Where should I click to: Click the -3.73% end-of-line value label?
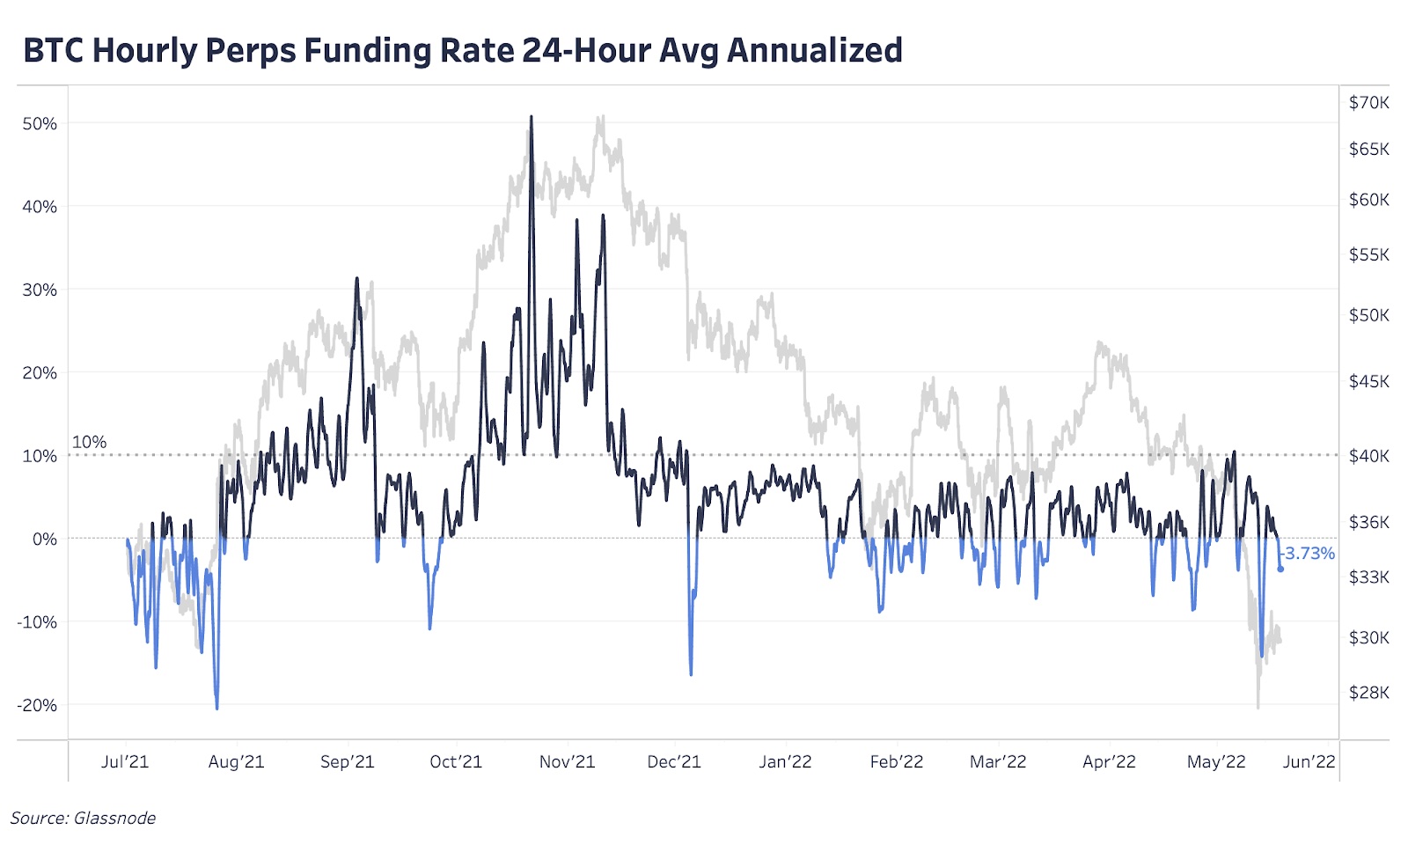click(x=1309, y=554)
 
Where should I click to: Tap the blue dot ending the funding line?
click(x=1280, y=569)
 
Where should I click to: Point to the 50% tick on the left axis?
click(x=40, y=124)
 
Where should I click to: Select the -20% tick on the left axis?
click(x=37, y=705)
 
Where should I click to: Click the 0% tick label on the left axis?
click(x=44, y=539)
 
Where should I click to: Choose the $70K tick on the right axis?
click(x=1368, y=103)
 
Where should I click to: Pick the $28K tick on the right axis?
click(x=1368, y=693)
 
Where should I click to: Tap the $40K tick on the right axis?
click(x=1368, y=456)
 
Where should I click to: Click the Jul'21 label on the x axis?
click(x=125, y=762)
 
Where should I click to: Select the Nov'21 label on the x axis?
click(x=567, y=762)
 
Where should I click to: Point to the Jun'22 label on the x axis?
click(x=1309, y=762)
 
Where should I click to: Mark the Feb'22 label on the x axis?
click(x=896, y=762)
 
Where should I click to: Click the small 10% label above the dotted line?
click(x=89, y=442)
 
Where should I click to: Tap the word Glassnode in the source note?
click(x=114, y=819)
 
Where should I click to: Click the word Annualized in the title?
click(x=815, y=50)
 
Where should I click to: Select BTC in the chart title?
click(x=54, y=50)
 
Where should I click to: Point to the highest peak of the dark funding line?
click(x=531, y=117)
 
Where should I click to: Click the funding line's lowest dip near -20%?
click(x=216, y=707)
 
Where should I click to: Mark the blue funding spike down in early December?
click(x=691, y=673)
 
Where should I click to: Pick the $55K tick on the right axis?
click(x=1368, y=255)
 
